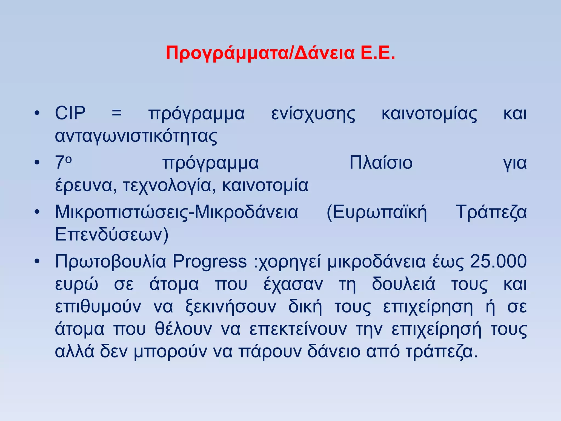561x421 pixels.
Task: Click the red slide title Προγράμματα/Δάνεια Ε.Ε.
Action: pyautogui.click(x=280, y=53)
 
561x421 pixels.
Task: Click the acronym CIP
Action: pyautogui.click(x=70, y=113)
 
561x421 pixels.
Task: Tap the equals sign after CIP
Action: pyautogui.click(x=117, y=113)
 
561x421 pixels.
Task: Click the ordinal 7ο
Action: pyautogui.click(x=63, y=162)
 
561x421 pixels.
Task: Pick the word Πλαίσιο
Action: pyautogui.click(x=381, y=163)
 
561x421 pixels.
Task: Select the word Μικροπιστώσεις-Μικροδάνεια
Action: pyautogui.click(x=176, y=212)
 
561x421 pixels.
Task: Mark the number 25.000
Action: pyautogui.click(x=498, y=261)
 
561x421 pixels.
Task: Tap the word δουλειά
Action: pyautogui.click(x=403, y=284)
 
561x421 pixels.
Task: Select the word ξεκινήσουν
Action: pyautogui.click(x=231, y=307)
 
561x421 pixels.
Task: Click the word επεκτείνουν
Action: pyautogui.click(x=298, y=329)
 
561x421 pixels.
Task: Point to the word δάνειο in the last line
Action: pyautogui.click(x=334, y=351)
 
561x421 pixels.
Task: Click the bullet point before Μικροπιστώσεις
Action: pyautogui.click(x=37, y=212)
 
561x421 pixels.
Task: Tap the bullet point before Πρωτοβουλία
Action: pyautogui.click(x=37, y=261)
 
